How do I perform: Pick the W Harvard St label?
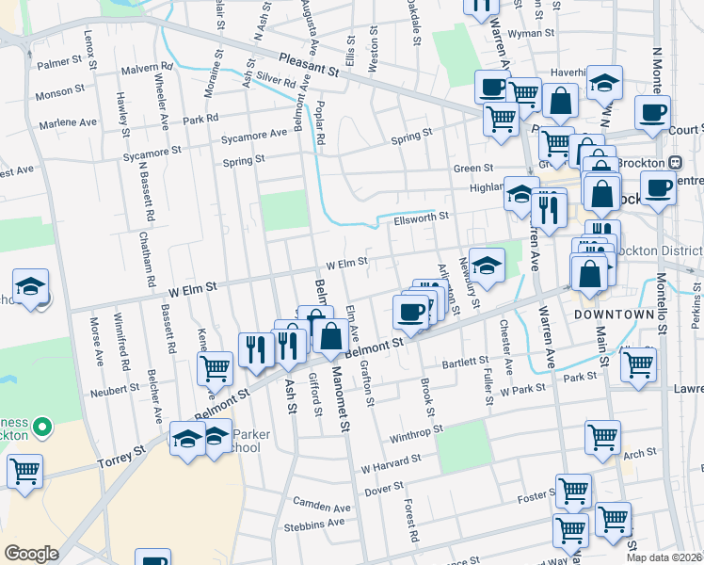[x=390, y=462]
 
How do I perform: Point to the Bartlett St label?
[x=465, y=362]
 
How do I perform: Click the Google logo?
[x=31, y=554]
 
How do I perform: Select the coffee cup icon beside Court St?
[x=651, y=113]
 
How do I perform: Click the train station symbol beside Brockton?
[x=675, y=162]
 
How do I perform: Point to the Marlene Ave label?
[x=68, y=122]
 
